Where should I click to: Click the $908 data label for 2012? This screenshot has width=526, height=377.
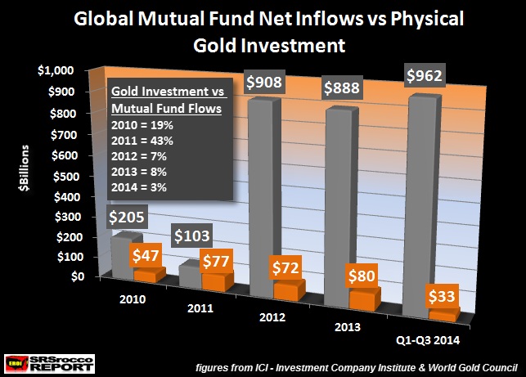tap(269, 84)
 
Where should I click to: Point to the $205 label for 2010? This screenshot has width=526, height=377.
tap(132, 218)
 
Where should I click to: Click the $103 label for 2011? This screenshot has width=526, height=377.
tap(197, 237)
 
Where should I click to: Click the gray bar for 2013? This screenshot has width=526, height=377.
tap(343, 204)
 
